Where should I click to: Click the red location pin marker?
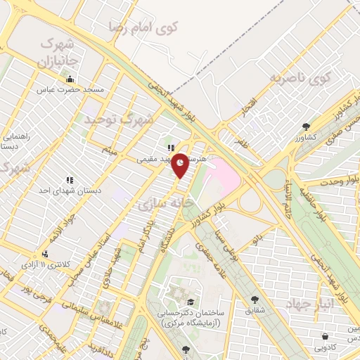click(181, 165)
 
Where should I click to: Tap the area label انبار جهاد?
click(309, 304)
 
